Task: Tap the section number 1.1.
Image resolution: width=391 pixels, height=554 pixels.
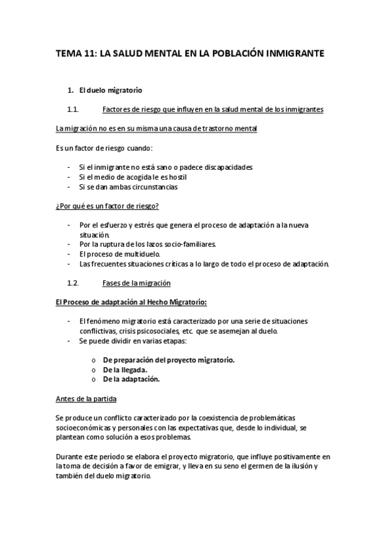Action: pyautogui.click(x=73, y=109)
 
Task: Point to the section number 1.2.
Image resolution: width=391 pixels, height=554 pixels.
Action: pyautogui.click(x=73, y=283)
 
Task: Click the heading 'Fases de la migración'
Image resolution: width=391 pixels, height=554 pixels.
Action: pyautogui.click(x=136, y=283)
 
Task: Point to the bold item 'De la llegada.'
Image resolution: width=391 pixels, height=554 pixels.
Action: pyautogui.click(x=125, y=369)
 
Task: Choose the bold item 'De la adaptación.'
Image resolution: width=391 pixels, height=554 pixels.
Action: pyautogui.click(x=131, y=379)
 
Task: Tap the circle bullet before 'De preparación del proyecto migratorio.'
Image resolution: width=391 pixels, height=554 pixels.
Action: pyautogui.click(x=95, y=360)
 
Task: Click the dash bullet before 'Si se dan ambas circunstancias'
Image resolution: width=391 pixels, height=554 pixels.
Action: pyautogui.click(x=70, y=186)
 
